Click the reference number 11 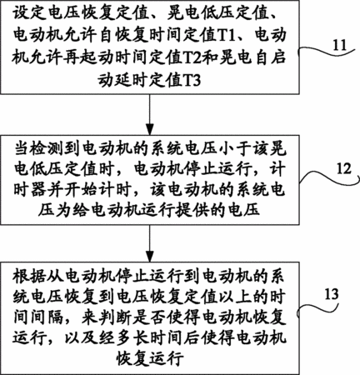click(340, 45)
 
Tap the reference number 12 click(343, 168)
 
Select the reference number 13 click(332, 294)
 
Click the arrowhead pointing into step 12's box click(150, 129)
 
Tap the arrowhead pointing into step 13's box click(150, 256)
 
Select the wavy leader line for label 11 click(327, 52)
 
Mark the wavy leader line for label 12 click(327, 177)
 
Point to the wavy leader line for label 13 click(318, 306)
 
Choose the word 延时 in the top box click(131, 81)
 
